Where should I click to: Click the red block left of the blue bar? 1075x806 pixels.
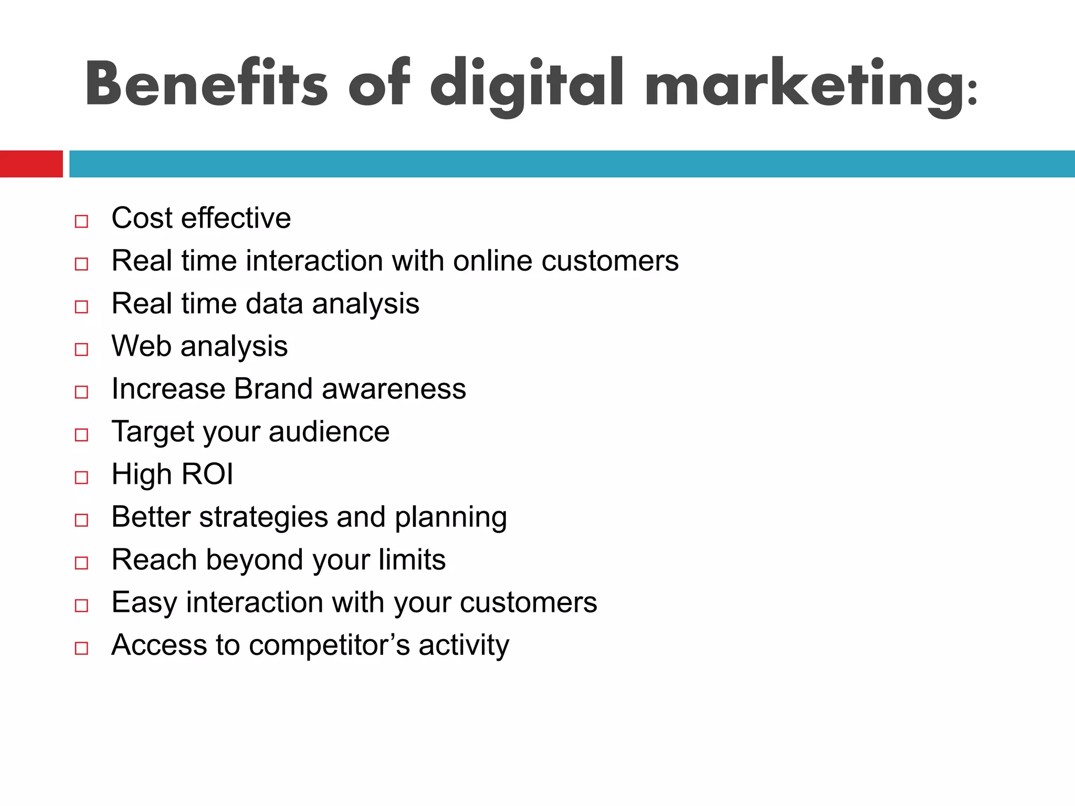(x=31, y=164)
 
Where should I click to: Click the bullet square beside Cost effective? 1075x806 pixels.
(x=81, y=221)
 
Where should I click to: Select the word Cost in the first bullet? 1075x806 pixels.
(x=142, y=218)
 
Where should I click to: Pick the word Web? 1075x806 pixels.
(x=141, y=346)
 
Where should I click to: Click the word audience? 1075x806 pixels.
(x=329, y=432)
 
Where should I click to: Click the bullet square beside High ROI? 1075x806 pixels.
(x=81, y=477)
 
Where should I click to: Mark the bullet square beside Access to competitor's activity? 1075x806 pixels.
(x=81, y=648)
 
